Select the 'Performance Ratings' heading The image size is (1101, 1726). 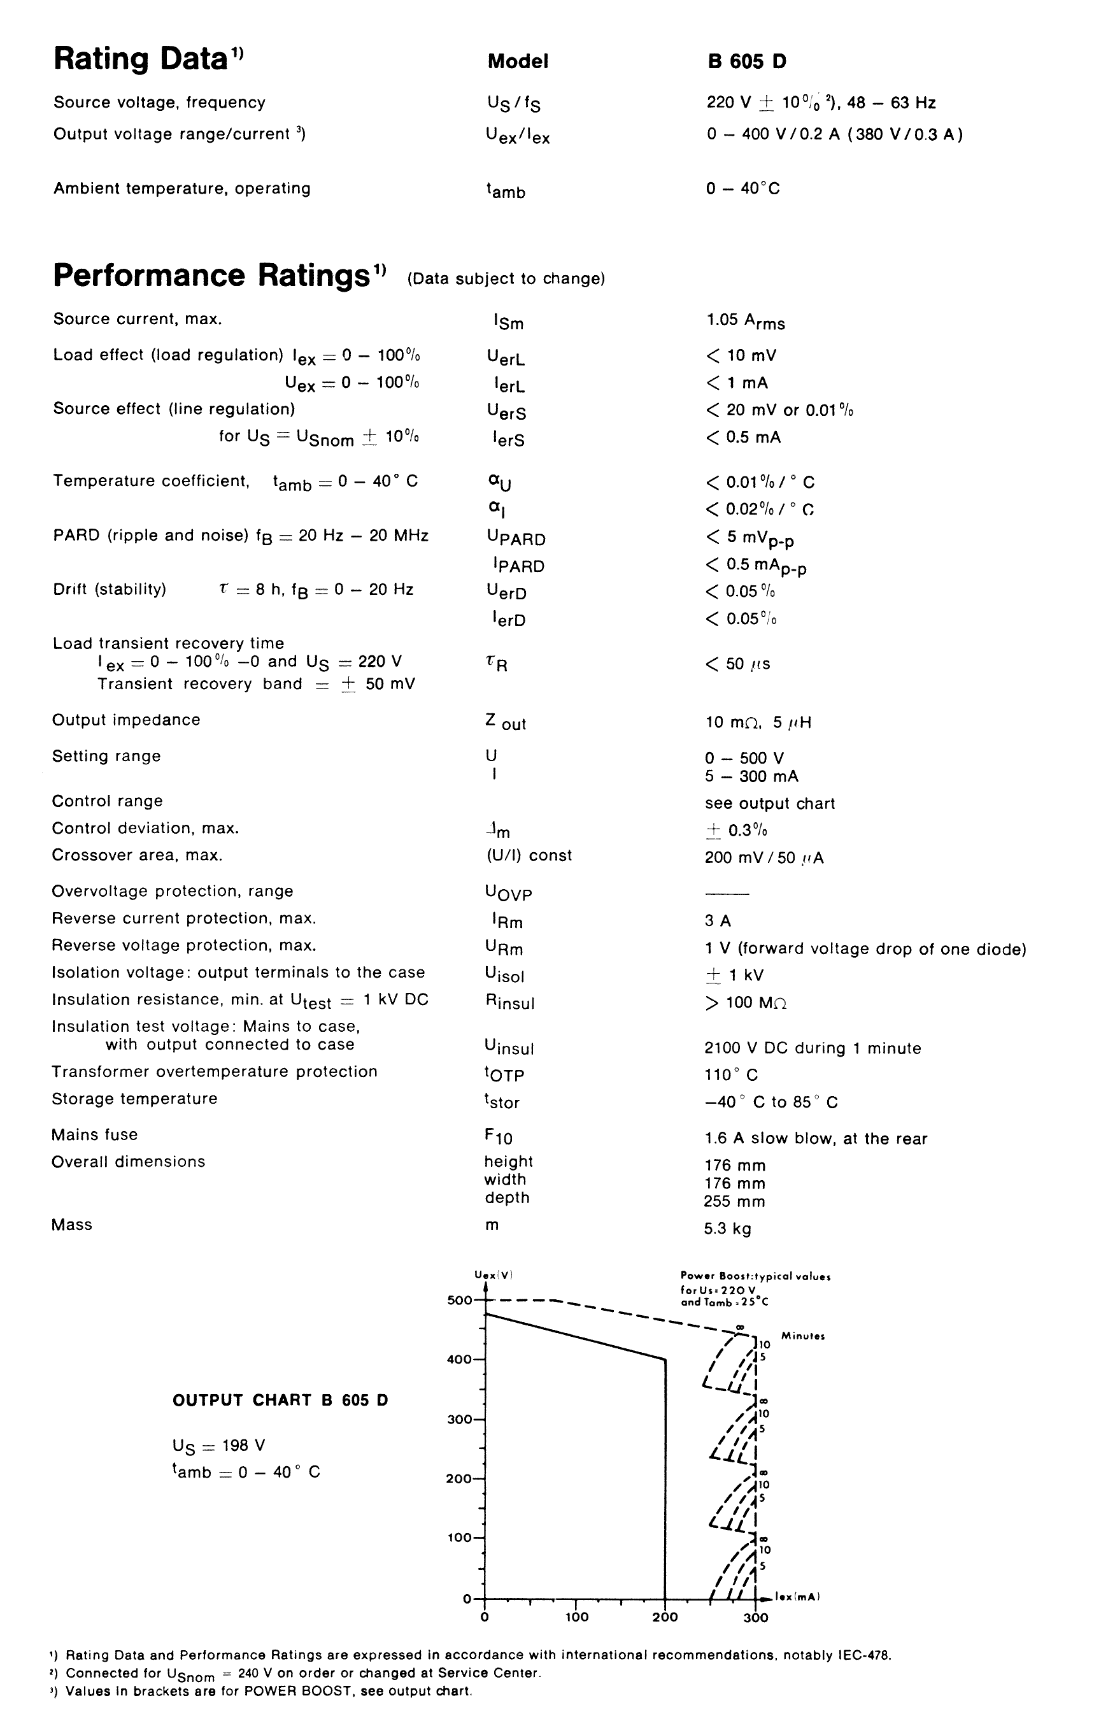(x=211, y=275)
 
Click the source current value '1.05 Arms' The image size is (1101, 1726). (x=745, y=321)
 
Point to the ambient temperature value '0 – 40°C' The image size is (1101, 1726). (x=742, y=189)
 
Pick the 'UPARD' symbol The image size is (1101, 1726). (x=515, y=538)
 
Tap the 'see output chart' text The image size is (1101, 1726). (x=769, y=804)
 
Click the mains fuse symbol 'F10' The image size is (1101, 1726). (x=498, y=1137)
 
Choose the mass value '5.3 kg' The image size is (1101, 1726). (x=727, y=1229)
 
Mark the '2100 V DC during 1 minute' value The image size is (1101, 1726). (x=812, y=1048)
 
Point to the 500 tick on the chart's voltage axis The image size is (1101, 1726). (x=460, y=1301)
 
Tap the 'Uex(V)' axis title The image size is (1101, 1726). (x=493, y=1275)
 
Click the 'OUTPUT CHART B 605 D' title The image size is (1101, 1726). (x=280, y=1401)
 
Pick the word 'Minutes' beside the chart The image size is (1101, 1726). (x=803, y=1336)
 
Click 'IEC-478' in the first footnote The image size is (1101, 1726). (x=863, y=1656)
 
